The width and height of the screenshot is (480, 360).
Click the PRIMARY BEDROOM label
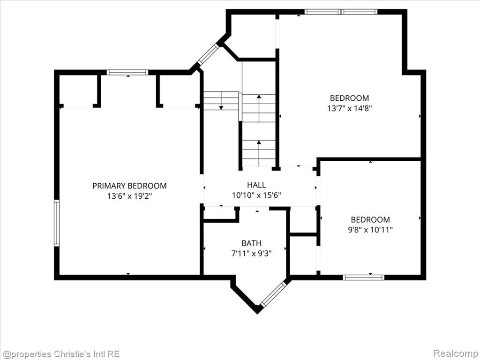click(129, 186)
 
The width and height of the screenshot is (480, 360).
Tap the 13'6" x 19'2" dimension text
click(129, 196)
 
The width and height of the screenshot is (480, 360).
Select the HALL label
click(256, 185)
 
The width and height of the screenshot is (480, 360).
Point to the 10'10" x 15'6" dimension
click(256, 195)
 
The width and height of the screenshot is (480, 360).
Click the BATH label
click(252, 243)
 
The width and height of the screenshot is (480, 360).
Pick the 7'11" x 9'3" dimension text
click(252, 254)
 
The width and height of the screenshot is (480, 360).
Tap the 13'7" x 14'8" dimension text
click(349, 108)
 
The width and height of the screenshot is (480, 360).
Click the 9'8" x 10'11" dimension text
click(370, 230)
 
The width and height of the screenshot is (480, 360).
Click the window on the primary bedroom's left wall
click(57, 223)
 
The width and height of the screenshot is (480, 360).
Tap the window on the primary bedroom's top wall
click(127, 73)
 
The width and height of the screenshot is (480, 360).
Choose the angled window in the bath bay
click(273, 294)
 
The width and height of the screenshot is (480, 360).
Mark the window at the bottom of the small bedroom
click(363, 277)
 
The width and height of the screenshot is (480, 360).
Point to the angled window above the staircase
click(209, 54)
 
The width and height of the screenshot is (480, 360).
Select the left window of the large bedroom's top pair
click(322, 12)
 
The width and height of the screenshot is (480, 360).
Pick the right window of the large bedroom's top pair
click(359, 12)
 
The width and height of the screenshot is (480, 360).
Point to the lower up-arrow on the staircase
click(259, 153)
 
